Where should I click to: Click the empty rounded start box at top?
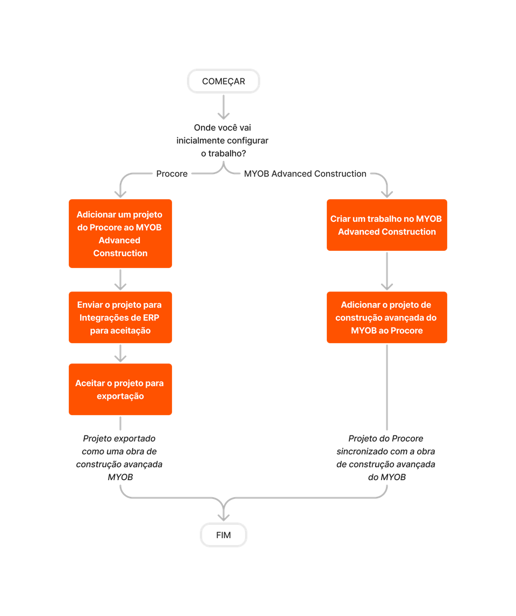tap(224, 81)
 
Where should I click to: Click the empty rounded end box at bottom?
tap(224, 535)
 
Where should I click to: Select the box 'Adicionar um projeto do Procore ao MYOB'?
tap(120, 234)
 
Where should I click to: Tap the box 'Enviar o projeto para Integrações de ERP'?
tap(120, 317)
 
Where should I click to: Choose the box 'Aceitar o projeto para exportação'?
tap(120, 389)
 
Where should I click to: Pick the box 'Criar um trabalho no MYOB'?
tap(387, 225)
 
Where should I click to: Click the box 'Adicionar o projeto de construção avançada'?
tap(387, 317)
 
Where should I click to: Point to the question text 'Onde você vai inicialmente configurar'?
tap(223, 141)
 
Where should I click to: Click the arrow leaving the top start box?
tap(224, 107)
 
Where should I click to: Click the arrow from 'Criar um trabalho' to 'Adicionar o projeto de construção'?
tap(387, 271)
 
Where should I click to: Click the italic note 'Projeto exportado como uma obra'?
tap(119, 458)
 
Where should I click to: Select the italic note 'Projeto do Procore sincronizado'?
tap(386, 458)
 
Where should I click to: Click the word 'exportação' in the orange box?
tap(120, 396)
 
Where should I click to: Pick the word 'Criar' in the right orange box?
tap(341, 219)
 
